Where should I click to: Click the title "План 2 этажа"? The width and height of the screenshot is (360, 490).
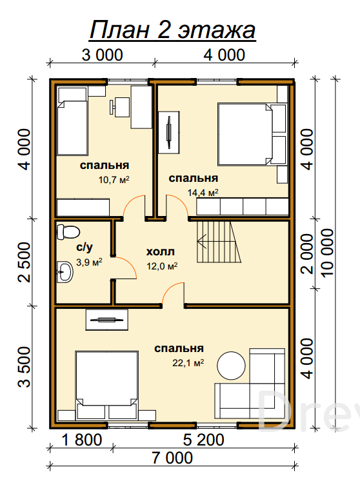pos(173,30)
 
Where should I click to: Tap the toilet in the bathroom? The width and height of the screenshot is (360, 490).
pos(68,232)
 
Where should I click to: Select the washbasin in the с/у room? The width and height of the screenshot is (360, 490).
pos(65,272)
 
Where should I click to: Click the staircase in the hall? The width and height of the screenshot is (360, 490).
pos(219,242)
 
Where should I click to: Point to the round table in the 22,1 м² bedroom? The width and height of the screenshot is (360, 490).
pos(231,366)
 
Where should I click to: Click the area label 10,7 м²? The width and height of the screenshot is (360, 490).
pos(114,180)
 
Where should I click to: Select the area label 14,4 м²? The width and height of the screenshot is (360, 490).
pos(203,193)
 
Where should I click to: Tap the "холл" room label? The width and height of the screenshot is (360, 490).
pos(161,251)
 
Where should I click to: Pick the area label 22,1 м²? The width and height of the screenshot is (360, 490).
pos(188,363)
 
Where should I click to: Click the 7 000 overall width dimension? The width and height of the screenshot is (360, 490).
pos(172,458)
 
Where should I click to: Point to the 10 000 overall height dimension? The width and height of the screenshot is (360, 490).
pos(328,253)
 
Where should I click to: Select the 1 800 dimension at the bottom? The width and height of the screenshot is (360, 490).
pos(82,440)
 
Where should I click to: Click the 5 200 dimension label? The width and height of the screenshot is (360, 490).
pos(204,440)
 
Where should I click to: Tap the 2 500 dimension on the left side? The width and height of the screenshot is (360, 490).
pos(25,262)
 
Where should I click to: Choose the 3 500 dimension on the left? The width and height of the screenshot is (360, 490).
pos(25,367)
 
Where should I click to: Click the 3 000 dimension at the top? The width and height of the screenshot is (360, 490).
pos(103,55)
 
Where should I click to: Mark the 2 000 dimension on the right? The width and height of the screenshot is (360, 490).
pos(307,253)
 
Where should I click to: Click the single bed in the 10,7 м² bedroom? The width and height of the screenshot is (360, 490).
pos(72,121)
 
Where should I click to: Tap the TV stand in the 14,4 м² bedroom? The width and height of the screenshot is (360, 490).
pos(169,132)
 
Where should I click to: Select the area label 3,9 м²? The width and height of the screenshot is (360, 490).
pos(89,262)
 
